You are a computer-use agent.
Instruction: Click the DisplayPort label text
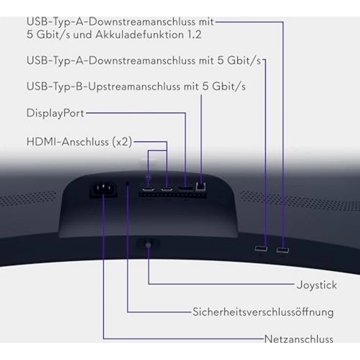pos(55,113)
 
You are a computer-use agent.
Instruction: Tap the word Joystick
pos(317,285)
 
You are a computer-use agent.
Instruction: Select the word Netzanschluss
pos(299,339)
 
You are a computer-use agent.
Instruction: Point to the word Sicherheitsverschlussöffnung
pos(263,312)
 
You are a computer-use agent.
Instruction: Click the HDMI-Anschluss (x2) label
pos(79,142)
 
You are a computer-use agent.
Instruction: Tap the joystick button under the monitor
pos(148,244)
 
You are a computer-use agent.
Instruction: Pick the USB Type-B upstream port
pos(201,186)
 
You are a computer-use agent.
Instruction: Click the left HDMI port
pos(148,189)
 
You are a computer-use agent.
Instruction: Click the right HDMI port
pos(167,189)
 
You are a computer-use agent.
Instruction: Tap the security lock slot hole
pos(128,184)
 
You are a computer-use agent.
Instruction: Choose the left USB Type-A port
pos(261,248)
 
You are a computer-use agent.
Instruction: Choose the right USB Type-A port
pos(283,250)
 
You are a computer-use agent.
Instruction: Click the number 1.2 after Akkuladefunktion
pos(195,35)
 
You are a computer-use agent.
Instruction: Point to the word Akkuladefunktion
pos(139,35)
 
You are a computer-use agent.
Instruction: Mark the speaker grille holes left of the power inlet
pos(28,198)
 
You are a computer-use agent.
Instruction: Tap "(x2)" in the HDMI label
pos(122,142)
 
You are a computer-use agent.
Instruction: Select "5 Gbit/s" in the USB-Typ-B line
pos(224,87)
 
